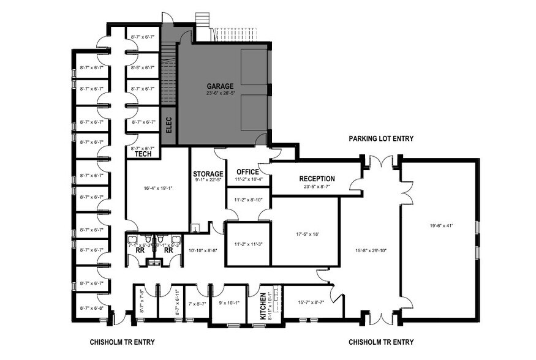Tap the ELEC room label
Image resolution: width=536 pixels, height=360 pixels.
click(169, 126)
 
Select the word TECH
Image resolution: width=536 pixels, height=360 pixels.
click(143, 154)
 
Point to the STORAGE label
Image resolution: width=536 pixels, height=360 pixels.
click(208, 173)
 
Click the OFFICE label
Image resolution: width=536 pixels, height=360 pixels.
click(248, 171)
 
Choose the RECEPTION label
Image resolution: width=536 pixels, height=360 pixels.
click(317, 179)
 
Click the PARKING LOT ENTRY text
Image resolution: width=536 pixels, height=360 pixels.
click(381, 139)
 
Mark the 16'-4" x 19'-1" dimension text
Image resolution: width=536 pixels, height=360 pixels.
click(156, 189)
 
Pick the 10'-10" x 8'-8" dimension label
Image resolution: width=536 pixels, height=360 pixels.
click(203, 250)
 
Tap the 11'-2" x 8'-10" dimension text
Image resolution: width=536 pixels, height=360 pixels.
click(248, 200)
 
